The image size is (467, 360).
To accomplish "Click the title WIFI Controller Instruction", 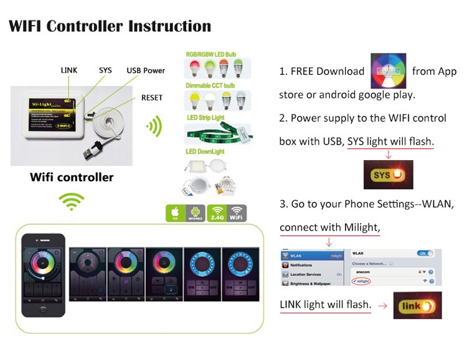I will pyautogui.click(x=110, y=26).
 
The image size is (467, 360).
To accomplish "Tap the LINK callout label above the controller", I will pyautogui.click(x=69, y=70).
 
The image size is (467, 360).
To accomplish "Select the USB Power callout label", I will pyautogui.click(x=146, y=70).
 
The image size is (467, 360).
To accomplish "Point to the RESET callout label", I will pyautogui.click(x=152, y=98).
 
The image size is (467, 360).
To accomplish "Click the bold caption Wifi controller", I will pyautogui.click(x=72, y=178).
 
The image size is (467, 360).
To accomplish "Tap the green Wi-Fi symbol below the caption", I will pyautogui.click(x=71, y=202).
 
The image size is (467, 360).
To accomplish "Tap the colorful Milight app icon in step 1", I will pyautogui.click(x=388, y=71).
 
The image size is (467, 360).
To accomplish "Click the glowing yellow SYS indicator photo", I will pyautogui.click(x=388, y=175).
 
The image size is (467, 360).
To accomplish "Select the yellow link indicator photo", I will pyautogui.click(x=417, y=305).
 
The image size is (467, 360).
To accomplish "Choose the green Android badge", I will pyautogui.click(x=196, y=213).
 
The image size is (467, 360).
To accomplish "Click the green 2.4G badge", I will pyautogui.click(x=217, y=213).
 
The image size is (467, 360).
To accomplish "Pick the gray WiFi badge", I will pyautogui.click(x=237, y=213).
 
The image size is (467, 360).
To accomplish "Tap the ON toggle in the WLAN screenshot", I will pyautogui.click(x=426, y=254).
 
